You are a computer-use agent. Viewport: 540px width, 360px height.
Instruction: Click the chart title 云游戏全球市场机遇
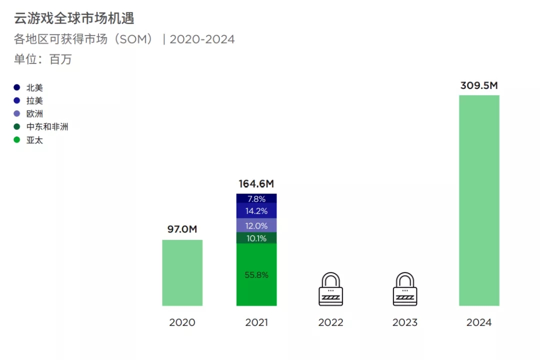point(74,19)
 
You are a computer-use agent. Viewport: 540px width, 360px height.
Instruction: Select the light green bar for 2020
point(182,272)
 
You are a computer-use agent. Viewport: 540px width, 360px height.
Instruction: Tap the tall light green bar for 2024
point(479,200)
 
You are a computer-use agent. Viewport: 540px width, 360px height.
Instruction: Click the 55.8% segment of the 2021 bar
point(256,274)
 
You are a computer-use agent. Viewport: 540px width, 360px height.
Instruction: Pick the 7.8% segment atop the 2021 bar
point(256,198)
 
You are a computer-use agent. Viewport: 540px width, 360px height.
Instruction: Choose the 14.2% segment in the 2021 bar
point(256,211)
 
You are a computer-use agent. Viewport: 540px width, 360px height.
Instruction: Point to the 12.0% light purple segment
point(256,225)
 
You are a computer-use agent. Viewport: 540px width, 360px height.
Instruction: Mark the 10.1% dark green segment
point(256,238)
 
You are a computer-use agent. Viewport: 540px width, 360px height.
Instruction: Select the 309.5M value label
point(479,85)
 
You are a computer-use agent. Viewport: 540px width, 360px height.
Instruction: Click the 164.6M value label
point(256,184)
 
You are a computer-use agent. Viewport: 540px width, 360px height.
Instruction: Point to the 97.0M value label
point(182,229)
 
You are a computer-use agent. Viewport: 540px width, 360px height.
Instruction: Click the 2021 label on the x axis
point(256,322)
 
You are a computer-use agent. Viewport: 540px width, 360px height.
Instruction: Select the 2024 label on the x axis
point(479,322)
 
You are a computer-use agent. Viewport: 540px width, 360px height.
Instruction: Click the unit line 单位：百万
point(43,59)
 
